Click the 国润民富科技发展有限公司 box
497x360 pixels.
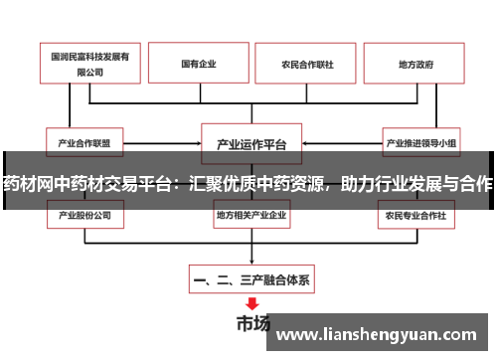pyautogui.click(x=90, y=65)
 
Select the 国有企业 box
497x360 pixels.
pyautogui.click(x=199, y=65)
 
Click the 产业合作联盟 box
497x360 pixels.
pyautogui.click(x=91, y=142)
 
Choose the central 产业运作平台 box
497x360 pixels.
pyautogui.click(x=251, y=142)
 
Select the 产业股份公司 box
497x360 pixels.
pyautogui.click(x=91, y=214)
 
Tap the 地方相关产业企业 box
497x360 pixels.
pyautogui.click(x=251, y=214)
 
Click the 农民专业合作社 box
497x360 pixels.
pyautogui.click(x=416, y=214)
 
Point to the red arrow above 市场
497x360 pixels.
pyautogui.click(x=251, y=303)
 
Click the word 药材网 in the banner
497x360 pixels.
pyautogui.click(x=31, y=184)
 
